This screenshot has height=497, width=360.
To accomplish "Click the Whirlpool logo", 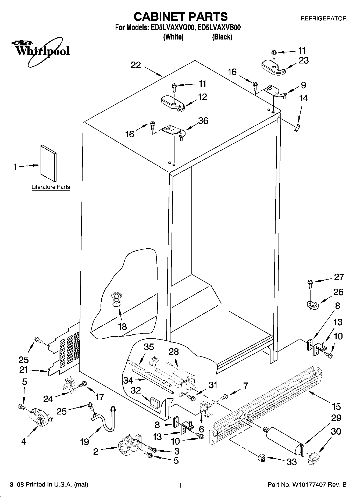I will [x=40, y=51].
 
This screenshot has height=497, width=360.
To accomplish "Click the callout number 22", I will [x=136, y=65].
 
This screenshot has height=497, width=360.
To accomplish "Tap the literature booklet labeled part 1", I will [x=49, y=163].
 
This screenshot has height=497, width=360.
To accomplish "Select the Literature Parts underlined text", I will [x=51, y=187].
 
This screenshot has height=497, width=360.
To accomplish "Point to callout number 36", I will [x=203, y=121].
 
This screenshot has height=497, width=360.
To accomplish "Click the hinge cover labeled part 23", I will [x=273, y=67].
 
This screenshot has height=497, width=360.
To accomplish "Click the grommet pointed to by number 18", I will [x=116, y=299].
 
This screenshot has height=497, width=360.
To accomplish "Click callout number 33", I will [x=291, y=462].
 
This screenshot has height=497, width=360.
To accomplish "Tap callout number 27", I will [x=339, y=277].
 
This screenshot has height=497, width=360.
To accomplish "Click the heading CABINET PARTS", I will [x=181, y=17].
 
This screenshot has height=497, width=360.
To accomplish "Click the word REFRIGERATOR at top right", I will [x=323, y=19].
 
